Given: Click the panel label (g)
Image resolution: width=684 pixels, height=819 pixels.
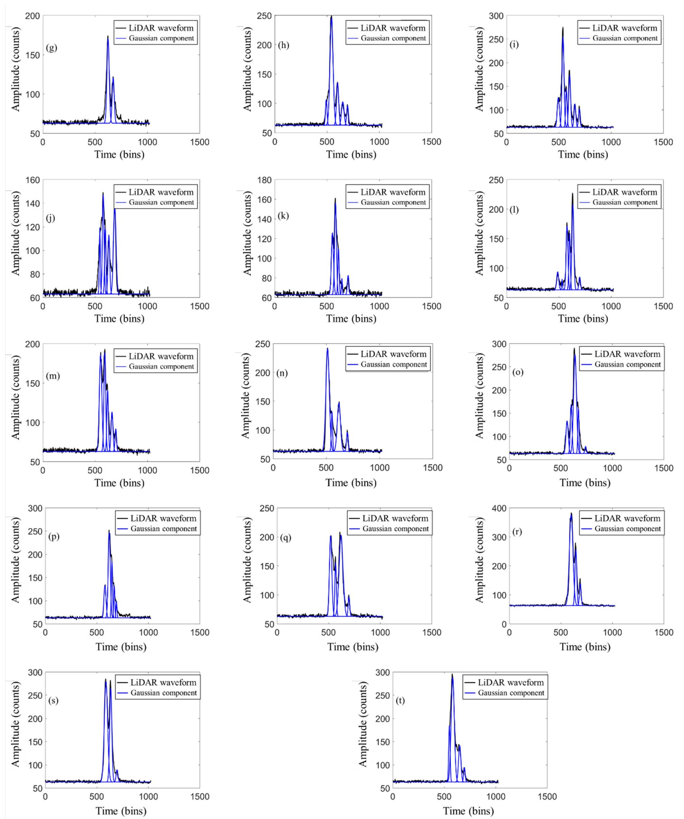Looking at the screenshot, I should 51,48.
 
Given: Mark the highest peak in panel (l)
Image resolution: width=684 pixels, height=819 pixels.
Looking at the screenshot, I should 572,194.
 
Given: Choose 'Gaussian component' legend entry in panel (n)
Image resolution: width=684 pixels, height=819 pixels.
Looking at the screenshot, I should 394,365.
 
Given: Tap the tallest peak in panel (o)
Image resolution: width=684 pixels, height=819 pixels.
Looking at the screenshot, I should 574,349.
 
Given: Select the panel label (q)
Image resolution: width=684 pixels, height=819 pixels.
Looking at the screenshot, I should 286,538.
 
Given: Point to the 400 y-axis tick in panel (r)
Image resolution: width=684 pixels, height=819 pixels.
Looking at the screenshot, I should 500,508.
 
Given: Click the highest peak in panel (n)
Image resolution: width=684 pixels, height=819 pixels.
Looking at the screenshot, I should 327,349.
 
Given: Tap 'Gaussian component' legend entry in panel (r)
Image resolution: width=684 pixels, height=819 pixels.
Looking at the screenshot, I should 627,529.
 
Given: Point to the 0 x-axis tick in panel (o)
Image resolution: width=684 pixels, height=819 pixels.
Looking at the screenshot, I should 509,468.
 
